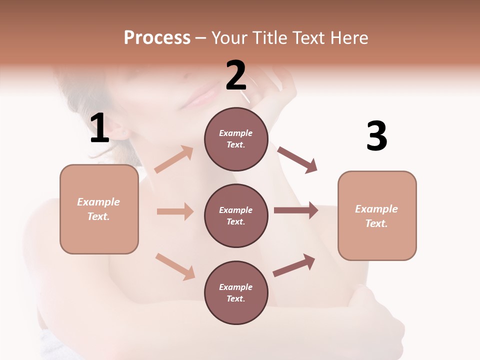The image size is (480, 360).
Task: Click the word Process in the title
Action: coord(157,38)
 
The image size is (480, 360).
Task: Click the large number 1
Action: coord(99,128)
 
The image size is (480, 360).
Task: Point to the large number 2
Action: coord(236,75)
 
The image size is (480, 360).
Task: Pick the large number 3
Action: coord(376,136)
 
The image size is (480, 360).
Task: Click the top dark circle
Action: coord(236,139)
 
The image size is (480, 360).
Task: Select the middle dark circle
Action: coord(236,215)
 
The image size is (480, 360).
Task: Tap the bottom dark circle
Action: coord(236,292)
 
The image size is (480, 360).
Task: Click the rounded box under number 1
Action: coord(99,209)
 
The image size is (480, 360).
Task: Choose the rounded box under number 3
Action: coord(377,215)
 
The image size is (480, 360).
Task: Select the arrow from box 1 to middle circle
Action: coord(175,211)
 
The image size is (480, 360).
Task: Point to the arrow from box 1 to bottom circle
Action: coord(175,266)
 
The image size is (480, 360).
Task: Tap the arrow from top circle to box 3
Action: coord(297,160)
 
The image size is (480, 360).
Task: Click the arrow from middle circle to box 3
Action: coord(295,210)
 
